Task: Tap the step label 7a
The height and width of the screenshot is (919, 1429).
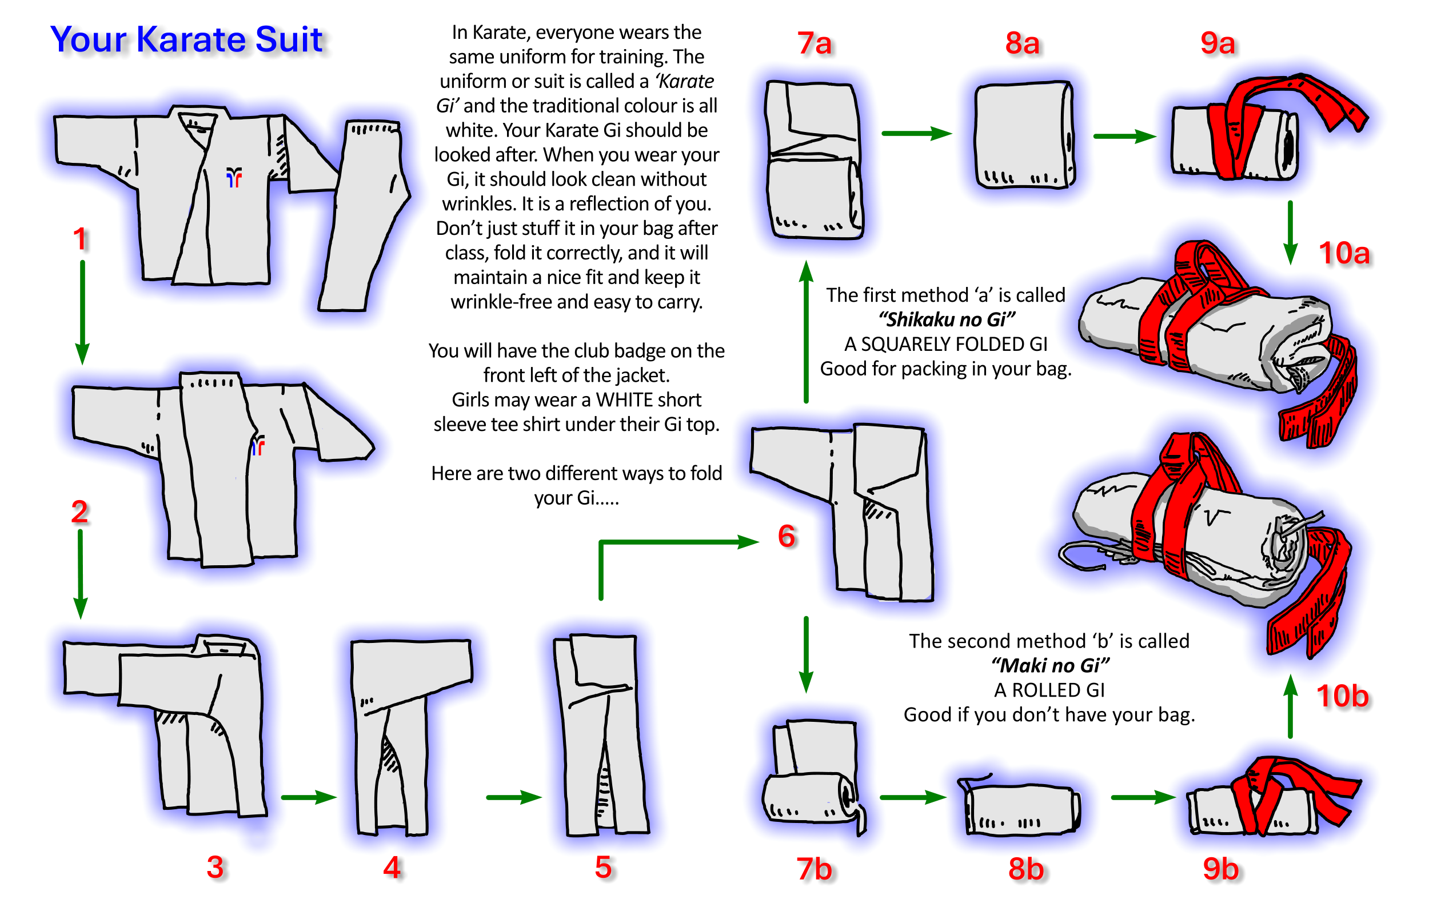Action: point(814,43)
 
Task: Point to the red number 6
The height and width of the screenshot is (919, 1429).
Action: point(787,536)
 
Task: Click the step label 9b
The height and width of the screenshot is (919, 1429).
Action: point(1220,868)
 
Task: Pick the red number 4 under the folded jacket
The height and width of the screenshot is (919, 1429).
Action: point(392,867)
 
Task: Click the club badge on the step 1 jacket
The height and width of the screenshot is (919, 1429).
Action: point(234,177)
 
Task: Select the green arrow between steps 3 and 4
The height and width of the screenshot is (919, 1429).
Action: point(308,797)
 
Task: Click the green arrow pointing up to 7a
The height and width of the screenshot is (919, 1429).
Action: point(806,331)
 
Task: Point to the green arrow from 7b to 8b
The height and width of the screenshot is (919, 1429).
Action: point(912,797)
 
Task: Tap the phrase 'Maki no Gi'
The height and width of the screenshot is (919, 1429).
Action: point(1049,665)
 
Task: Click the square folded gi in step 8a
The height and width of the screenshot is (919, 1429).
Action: point(1023,135)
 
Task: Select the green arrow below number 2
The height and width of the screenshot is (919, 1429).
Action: point(80,573)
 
